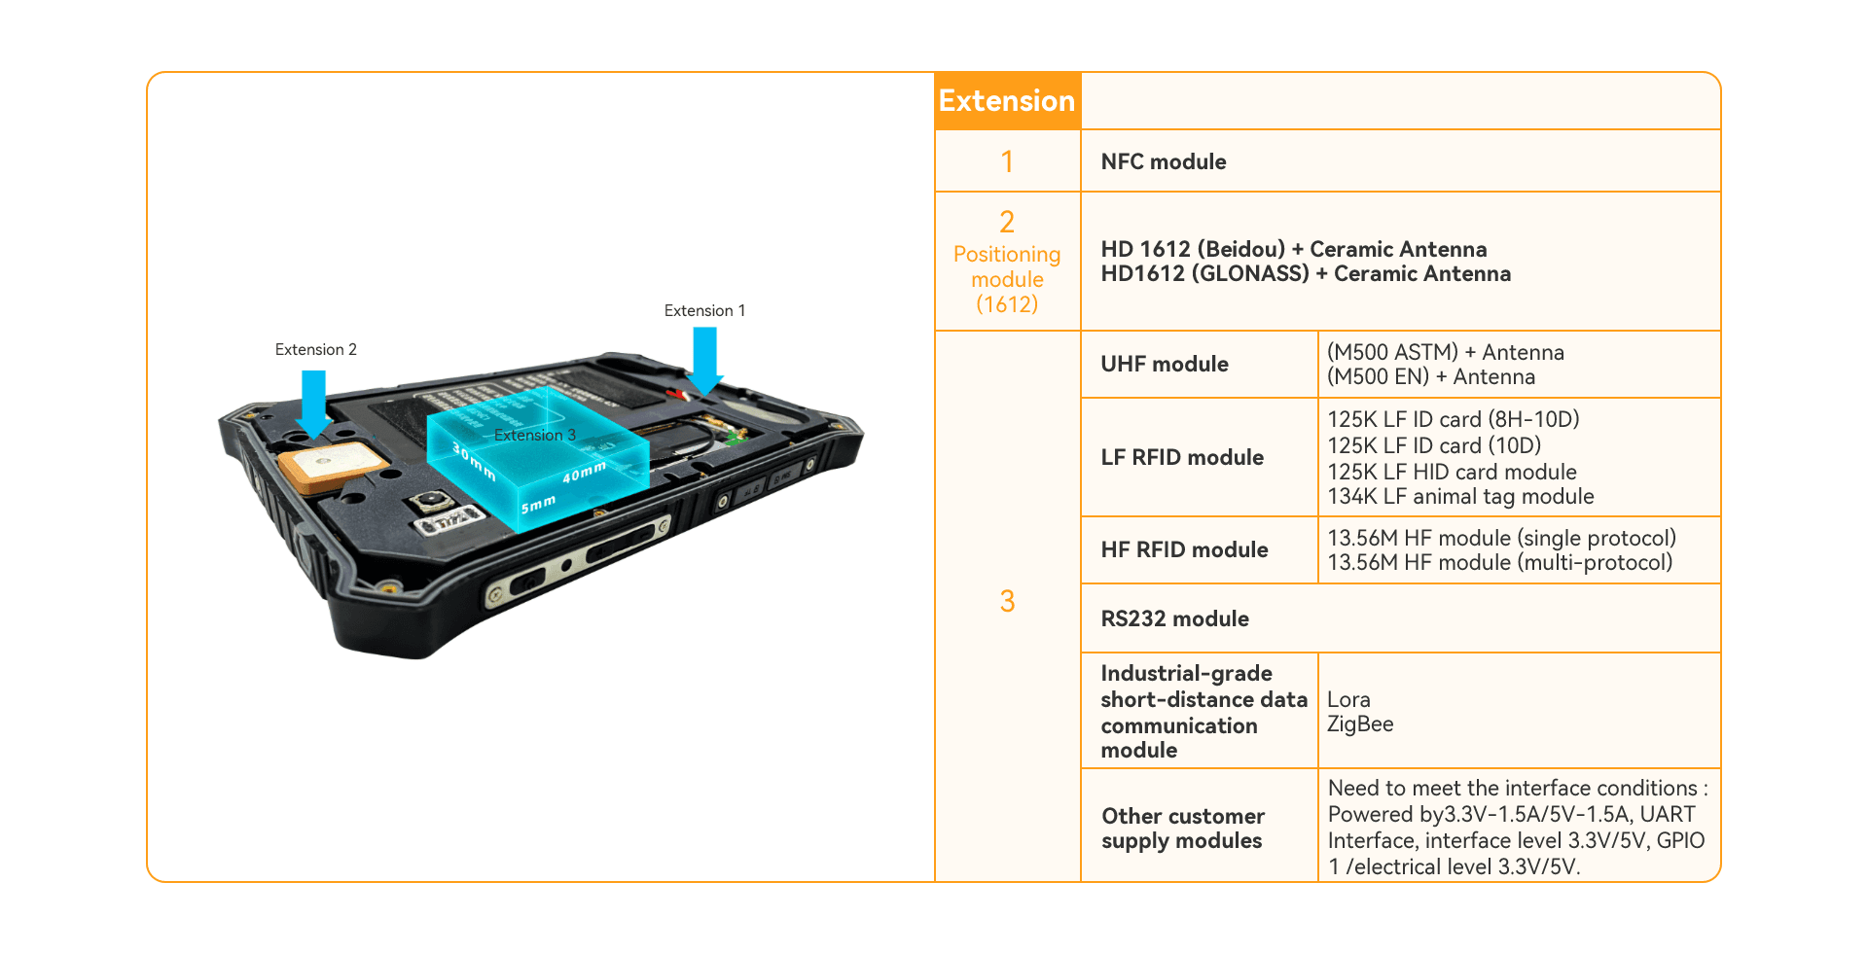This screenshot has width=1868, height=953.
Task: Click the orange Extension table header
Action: click(x=1007, y=101)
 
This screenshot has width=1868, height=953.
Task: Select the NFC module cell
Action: click(x=1164, y=161)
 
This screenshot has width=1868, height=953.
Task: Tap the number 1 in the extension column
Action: click(x=1007, y=161)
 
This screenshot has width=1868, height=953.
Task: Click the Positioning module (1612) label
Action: click(x=1007, y=279)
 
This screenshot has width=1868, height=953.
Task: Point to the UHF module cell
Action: click(x=1165, y=364)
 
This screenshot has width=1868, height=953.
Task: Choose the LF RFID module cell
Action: click(x=1182, y=457)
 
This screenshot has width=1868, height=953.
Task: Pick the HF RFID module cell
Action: click(x=1184, y=549)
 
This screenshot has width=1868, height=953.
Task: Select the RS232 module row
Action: click(x=1175, y=618)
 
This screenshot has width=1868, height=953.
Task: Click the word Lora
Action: click(x=1348, y=700)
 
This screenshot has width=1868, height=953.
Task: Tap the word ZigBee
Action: click(x=1360, y=724)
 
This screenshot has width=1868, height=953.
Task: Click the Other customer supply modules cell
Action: click(x=1183, y=829)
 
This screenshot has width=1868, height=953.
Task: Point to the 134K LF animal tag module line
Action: click(x=1460, y=497)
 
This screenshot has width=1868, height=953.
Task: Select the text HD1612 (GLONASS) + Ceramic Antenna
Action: click(x=1306, y=274)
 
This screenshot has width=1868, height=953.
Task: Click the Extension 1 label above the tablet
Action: click(x=704, y=311)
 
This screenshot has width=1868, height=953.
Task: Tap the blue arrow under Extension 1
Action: click(x=704, y=361)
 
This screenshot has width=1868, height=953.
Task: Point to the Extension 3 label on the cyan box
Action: click(x=534, y=435)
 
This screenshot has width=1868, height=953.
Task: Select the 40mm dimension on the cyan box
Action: click(x=584, y=473)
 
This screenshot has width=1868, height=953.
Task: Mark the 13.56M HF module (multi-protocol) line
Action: click(x=1499, y=563)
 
